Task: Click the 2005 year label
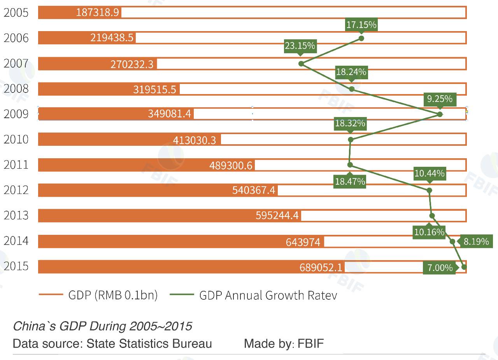coord(16,12)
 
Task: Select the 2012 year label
coord(16,190)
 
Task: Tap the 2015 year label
coord(16,266)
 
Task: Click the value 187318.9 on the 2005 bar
coord(97,12)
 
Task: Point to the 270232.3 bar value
coord(132,64)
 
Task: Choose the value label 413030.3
coord(194,140)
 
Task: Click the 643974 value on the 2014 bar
coord(303,242)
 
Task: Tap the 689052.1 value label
coord(321,267)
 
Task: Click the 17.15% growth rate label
coord(361,25)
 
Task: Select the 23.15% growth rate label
coord(300,46)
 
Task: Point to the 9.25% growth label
coord(440,99)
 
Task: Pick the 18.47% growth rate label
coord(350,181)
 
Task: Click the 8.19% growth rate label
coord(476,241)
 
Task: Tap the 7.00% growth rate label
coord(440,267)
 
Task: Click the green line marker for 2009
coord(440,114)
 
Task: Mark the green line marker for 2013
coord(432,216)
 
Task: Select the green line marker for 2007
coord(301,63)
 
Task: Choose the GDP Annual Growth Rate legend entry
coord(268,295)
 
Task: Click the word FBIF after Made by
coord(310,344)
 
